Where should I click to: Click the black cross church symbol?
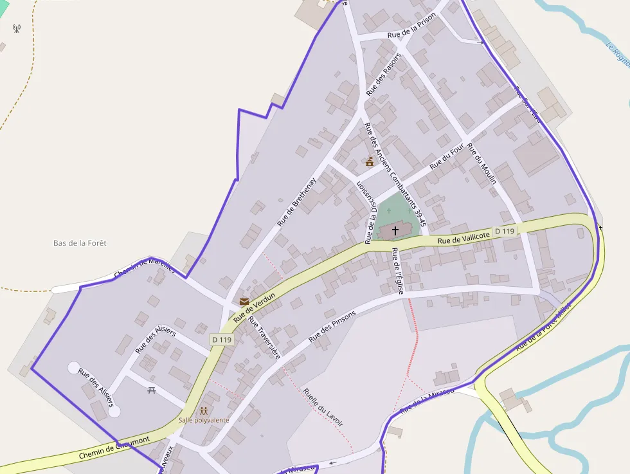[395, 230]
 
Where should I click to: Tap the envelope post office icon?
[244, 301]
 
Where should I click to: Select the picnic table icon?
[152, 390]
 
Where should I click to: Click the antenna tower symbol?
[16, 28]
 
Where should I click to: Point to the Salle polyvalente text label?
[204, 420]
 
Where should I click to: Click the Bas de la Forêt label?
[80, 243]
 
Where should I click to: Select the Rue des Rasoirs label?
[383, 75]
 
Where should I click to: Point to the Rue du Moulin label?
[482, 163]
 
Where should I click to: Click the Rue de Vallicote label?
[464, 237]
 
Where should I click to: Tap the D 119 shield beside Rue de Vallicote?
[505, 231]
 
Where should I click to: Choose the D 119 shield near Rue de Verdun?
[221, 339]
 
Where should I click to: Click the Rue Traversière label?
[264, 338]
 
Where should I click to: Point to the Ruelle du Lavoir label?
[323, 407]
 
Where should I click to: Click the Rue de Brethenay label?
[297, 201]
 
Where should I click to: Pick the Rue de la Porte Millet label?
[543, 327]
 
